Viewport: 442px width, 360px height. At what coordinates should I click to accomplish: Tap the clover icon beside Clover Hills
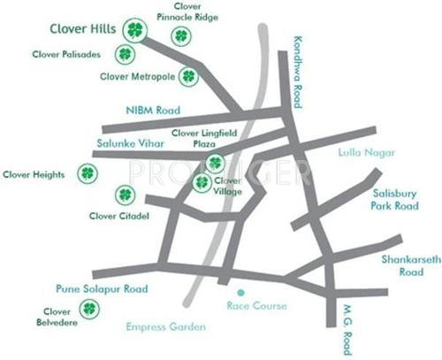tap(134, 31)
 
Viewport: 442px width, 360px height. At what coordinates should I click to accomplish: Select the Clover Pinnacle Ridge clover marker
tap(181, 36)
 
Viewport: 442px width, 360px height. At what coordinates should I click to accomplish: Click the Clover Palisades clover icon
tap(124, 55)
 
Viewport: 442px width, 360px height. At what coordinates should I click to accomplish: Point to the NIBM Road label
tap(153, 111)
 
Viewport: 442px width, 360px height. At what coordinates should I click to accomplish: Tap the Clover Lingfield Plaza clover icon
tap(215, 162)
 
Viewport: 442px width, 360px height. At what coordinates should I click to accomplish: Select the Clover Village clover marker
tap(202, 182)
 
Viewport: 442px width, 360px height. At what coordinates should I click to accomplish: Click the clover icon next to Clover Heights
tap(87, 173)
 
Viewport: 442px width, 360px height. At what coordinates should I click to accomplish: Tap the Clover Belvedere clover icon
tap(89, 309)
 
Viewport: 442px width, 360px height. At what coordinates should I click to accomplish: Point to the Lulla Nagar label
tap(362, 152)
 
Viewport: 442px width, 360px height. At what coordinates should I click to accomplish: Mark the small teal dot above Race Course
tap(239, 291)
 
